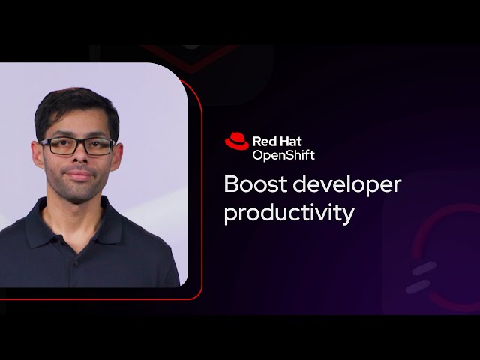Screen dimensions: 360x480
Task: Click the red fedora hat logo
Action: pos(236,141)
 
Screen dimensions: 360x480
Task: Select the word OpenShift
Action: pos(283,154)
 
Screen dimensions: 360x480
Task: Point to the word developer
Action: pos(349,186)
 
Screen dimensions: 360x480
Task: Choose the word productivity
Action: pos(289,213)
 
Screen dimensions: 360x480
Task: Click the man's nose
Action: pos(77,159)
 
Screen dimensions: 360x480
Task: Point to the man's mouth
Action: pos(77,176)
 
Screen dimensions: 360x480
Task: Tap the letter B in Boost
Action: pos(232,184)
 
